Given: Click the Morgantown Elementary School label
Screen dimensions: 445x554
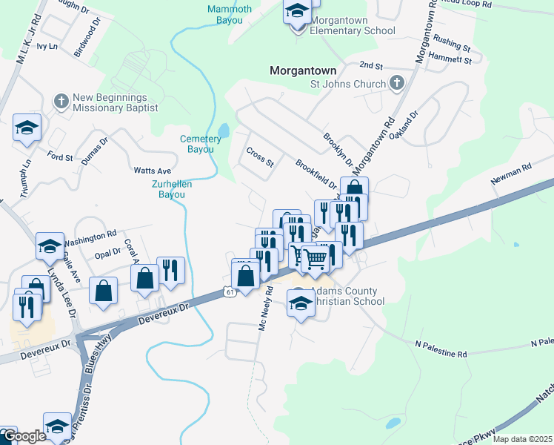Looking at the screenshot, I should (353, 25).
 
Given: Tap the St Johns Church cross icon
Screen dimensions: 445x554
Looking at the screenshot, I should (396, 83).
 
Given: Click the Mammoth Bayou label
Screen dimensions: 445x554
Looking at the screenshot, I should (230, 14).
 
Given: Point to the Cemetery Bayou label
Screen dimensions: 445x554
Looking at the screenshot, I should (200, 144).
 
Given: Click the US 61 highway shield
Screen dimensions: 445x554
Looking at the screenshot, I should (230, 294).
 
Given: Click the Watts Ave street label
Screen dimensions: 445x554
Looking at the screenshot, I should (153, 171).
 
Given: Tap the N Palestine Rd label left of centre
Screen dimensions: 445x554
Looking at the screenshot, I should (441, 350).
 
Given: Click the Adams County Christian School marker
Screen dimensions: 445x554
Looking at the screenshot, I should (301, 303).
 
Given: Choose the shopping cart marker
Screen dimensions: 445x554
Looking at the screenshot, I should (315, 259).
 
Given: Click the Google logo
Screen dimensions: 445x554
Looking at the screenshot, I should (24, 437).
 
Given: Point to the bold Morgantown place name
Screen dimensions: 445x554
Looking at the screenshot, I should (303, 70).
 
